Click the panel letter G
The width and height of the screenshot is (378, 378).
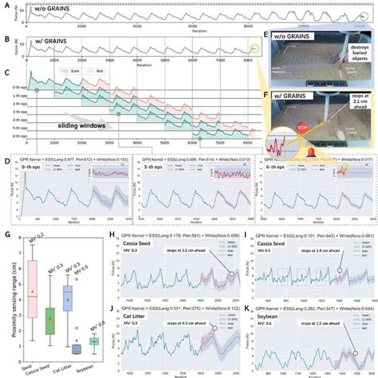[7, 235]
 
